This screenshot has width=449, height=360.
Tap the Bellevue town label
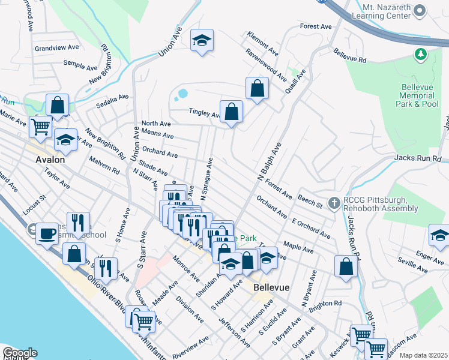[271, 287]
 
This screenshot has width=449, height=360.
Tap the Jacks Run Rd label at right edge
[418, 158]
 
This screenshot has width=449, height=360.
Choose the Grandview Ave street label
[57, 47]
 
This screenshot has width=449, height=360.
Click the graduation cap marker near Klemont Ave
[202, 41]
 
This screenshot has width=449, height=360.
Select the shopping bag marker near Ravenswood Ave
[257, 89]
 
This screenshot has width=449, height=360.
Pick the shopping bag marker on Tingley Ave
[231, 112]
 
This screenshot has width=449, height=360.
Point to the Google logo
[20, 353]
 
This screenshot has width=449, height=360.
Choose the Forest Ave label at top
[316, 27]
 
